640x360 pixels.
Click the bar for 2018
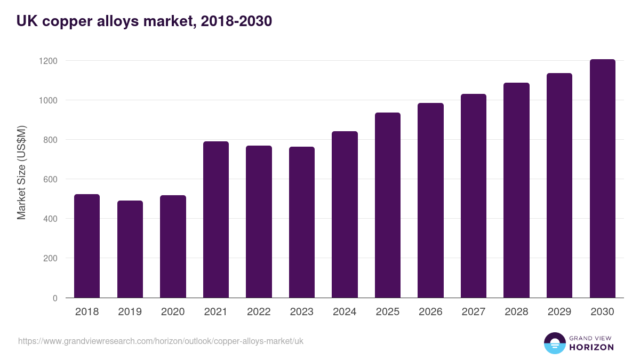tap(87, 246)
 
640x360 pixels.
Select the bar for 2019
tap(130, 249)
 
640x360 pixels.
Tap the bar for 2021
tap(216, 220)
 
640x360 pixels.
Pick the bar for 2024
tap(345, 214)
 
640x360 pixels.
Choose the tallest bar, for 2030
tap(602, 179)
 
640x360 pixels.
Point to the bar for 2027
tap(474, 196)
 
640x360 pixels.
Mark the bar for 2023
tap(302, 222)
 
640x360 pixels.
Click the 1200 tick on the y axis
tap(48, 61)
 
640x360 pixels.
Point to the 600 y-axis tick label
tap(50, 179)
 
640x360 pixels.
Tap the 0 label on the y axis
tap(55, 298)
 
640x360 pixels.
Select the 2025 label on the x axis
tap(388, 312)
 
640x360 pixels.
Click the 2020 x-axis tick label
tap(173, 312)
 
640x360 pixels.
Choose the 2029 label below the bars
tap(559, 312)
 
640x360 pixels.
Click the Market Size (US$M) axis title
tap(21, 172)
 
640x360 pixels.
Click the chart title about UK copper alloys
tap(144, 21)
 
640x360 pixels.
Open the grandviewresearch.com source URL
tap(161, 341)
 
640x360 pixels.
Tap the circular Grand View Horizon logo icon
tap(555, 343)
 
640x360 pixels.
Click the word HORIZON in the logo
tap(591, 347)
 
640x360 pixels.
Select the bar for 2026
tap(430, 201)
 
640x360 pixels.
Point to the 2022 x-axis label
tap(259, 312)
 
